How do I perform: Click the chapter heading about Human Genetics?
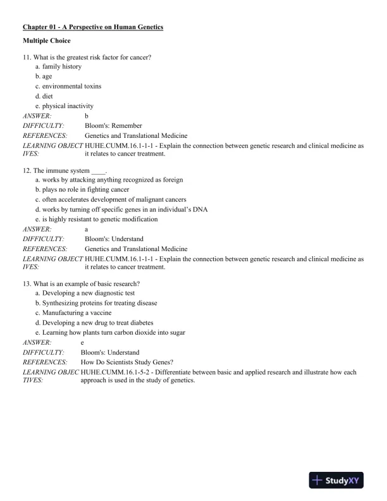click(93, 27)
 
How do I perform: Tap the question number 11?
click(27, 57)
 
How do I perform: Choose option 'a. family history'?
click(58, 66)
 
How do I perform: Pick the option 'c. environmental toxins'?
click(68, 86)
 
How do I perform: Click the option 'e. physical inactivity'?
click(64, 106)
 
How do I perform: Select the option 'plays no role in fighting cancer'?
click(82, 189)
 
